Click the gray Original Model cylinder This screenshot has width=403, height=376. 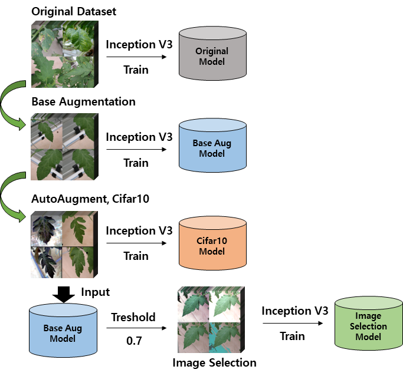tap(212, 54)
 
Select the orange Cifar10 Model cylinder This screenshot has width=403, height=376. tap(212, 243)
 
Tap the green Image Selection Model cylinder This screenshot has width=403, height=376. tap(369, 324)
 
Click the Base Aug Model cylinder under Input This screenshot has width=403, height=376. tap(63, 330)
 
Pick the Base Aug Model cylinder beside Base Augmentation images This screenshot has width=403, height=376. tap(212, 145)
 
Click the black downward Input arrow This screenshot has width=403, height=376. tap(64, 295)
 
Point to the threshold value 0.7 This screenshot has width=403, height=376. tap(134, 341)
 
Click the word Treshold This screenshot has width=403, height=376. tap(133, 317)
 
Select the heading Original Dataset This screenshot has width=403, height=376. tap(74, 12)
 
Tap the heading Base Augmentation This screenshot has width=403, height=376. tap(84, 101)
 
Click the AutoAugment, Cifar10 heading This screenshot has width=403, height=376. tap(90, 199)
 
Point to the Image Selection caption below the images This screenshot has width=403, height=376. tap(214, 363)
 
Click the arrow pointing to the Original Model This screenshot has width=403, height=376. tap(136, 57)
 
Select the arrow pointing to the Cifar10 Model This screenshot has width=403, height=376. tap(136, 243)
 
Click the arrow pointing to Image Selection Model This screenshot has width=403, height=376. tap(293, 323)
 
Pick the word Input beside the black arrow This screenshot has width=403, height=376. tap(96, 292)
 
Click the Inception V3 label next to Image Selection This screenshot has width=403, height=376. tap(295, 311)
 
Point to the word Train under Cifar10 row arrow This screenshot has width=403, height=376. tap(136, 256)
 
